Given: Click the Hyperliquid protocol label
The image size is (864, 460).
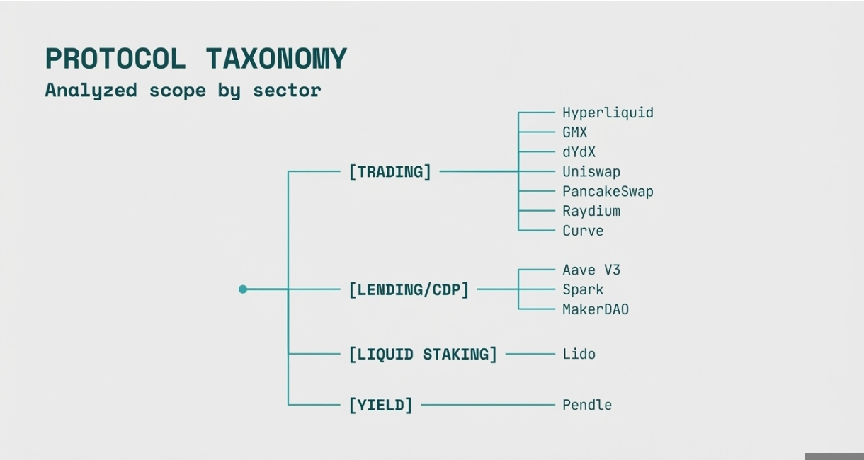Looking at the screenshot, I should tap(608, 113).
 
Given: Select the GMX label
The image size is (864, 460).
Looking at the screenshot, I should tap(574, 132).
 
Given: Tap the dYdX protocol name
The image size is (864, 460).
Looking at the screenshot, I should tap(579, 152).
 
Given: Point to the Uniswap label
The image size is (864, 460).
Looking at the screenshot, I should tap(591, 172).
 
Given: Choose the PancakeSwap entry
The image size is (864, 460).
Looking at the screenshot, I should tap(608, 192).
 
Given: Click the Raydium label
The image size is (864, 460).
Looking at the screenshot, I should tap(591, 212).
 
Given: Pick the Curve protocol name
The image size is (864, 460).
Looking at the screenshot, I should tap(583, 231).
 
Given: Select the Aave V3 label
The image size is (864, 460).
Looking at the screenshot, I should tap(591, 270).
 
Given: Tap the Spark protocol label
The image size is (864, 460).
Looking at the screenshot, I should tap(583, 289).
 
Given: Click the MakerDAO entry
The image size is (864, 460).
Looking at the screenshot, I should tap(595, 309).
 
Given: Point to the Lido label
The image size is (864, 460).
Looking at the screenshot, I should tap(579, 354).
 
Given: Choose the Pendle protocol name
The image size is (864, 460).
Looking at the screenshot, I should tap(586, 405).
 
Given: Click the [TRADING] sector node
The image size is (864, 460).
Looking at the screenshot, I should tap(390, 172).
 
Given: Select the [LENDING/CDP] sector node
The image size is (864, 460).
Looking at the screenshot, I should tap(409, 289).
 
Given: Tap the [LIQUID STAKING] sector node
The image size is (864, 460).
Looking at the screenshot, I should tap(423, 354).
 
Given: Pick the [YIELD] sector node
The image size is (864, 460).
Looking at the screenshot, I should tap(380, 405).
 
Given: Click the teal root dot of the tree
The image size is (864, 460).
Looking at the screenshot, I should tap(243, 289).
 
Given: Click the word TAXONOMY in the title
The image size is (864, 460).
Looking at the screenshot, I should tap(276, 59).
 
